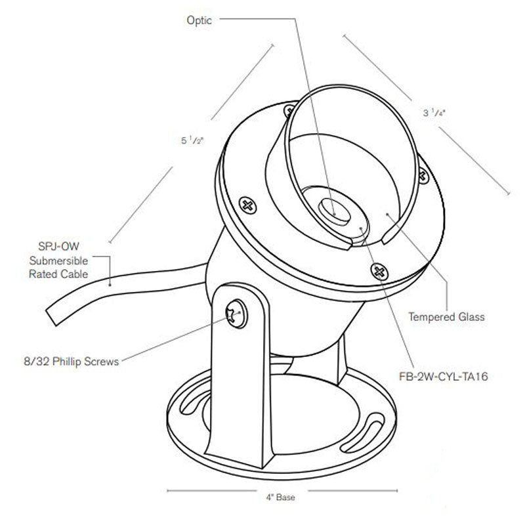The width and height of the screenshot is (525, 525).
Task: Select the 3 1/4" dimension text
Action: click(434, 113)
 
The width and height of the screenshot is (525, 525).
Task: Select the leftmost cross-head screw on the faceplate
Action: click(248, 205)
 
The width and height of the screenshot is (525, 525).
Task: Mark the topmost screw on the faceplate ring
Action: click(287, 109)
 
